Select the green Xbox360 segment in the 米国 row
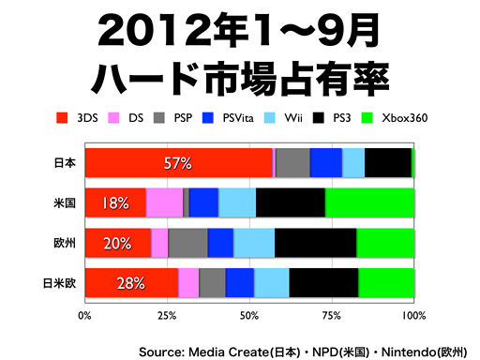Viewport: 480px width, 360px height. (369, 202)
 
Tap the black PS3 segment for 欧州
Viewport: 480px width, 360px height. (315, 243)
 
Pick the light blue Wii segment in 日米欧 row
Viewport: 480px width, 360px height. (271, 282)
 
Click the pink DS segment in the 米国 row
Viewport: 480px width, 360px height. (164, 202)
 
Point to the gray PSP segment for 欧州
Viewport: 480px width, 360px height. (187, 243)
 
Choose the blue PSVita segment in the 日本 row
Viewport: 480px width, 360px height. (325, 162)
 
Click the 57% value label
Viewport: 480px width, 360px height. (177, 163)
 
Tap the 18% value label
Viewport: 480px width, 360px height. (116, 203)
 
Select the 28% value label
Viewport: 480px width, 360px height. (116, 283)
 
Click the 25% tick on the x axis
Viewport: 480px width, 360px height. (167, 316)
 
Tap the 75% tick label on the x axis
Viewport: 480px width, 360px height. (331, 316)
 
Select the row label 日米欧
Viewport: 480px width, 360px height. (60, 282)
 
